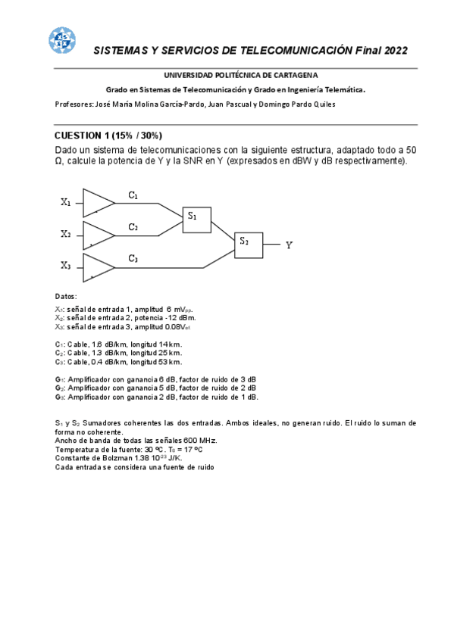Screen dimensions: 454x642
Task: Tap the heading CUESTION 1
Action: pos(83,136)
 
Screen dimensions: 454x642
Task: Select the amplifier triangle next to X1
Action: pos(98,202)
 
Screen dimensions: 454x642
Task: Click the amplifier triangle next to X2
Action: pos(98,235)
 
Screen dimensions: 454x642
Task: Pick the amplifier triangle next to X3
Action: pos(98,267)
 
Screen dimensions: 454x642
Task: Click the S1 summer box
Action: pos(196,218)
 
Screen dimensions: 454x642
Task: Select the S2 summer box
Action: pos(248,244)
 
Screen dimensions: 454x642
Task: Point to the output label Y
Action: pos(289,245)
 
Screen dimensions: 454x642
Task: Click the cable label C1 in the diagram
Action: pos(133,195)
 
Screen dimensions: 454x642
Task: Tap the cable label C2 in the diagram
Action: pos(133,227)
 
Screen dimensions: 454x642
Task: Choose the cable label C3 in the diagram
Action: pos(133,259)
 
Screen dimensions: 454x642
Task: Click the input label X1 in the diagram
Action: pos(66,202)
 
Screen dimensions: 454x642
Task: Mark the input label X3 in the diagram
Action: pos(66,266)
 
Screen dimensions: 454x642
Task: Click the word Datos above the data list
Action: pos(66,296)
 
